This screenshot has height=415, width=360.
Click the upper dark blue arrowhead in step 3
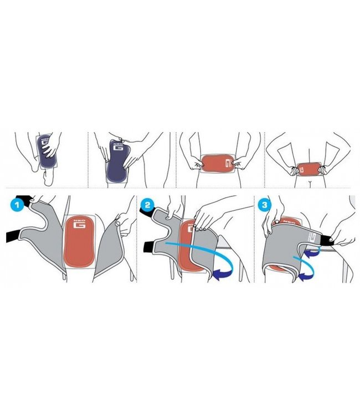[x=313, y=252]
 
